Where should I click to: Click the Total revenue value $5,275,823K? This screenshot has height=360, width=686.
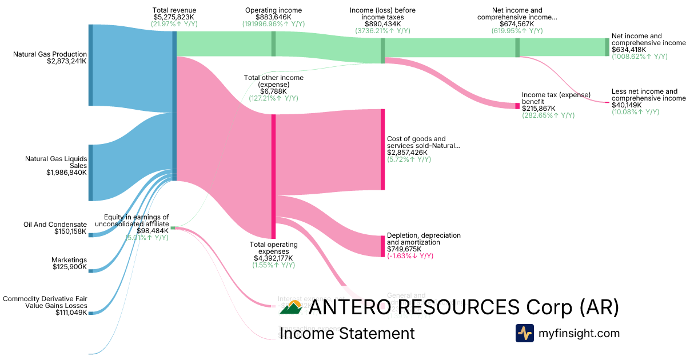(x=174, y=18)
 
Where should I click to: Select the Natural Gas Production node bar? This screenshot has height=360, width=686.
(x=90, y=65)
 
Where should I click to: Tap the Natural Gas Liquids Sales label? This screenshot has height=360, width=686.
(x=56, y=162)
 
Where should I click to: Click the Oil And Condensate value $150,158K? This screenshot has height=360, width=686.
(x=70, y=231)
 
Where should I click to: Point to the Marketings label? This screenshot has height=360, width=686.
(x=70, y=259)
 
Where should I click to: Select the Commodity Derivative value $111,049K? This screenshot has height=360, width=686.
(x=71, y=312)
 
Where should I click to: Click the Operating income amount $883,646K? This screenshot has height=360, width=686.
(x=273, y=18)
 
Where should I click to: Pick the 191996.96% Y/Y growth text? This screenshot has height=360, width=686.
(x=273, y=25)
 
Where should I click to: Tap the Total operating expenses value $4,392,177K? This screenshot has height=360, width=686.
(x=273, y=258)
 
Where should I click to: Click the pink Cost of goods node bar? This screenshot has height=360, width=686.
(x=382, y=149)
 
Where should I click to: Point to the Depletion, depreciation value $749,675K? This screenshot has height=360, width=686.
(x=404, y=249)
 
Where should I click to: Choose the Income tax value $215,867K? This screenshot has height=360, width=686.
(x=539, y=108)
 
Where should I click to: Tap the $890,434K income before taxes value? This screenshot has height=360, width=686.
(x=382, y=25)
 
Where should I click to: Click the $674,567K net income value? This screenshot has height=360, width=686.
(x=517, y=25)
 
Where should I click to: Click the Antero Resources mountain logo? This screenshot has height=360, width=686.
(x=291, y=309)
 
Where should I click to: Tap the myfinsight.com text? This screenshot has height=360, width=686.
(x=579, y=333)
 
